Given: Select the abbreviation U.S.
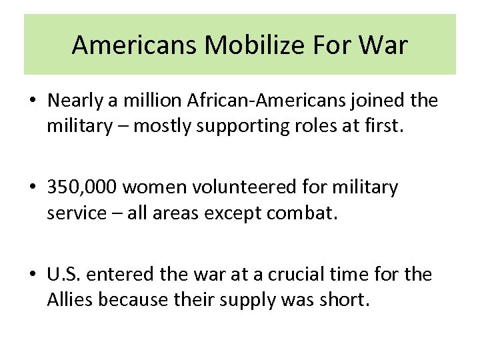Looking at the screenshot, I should point(65,275).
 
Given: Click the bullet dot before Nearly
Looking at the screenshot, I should point(33,102).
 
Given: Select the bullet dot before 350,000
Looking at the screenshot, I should point(33,189).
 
